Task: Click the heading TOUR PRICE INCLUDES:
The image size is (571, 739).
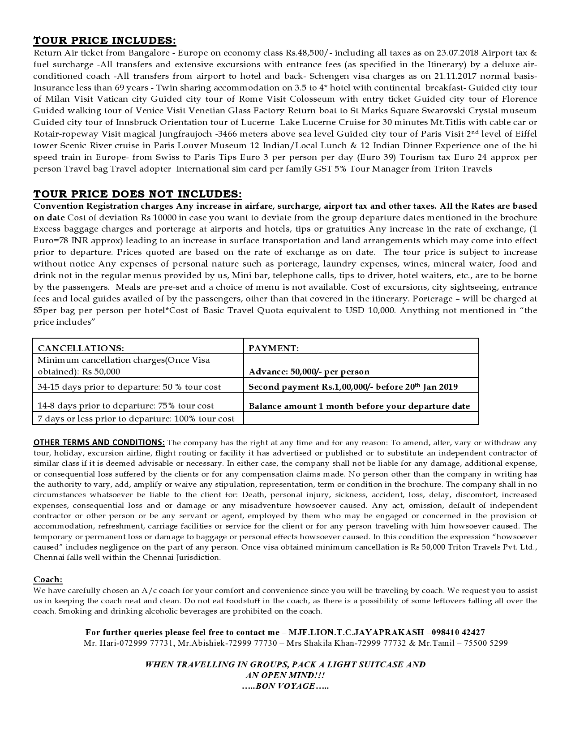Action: pyautogui.click(x=105, y=40)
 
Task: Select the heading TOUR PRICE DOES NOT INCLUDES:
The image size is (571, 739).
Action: pyautogui.click(x=137, y=194)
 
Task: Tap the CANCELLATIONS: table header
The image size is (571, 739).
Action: pyautogui.click(x=81, y=348)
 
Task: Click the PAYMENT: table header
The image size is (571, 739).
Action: pyautogui.click(x=274, y=348)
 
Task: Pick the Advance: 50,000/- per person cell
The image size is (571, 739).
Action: pyautogui.click(x=309, y=371)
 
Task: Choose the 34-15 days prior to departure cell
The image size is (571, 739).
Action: pyautogui.click(x=129, y=387)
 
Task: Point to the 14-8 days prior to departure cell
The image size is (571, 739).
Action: pyautogui.click(x=125, y=405)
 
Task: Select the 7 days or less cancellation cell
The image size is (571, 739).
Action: pyautogui.click(x=136, y=418)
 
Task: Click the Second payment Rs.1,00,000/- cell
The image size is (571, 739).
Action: pyautogui.click(x=353, y=387)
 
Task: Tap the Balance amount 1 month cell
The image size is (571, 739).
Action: pyautogui.click(x=359, y=406)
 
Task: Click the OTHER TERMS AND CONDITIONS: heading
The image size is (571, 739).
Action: pyautogui.click(x=99, y=443)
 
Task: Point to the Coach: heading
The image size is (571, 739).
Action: pyautogui.click(x=48, y=579)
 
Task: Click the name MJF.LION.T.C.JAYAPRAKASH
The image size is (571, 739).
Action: pyautogui.click(x=356, y=632)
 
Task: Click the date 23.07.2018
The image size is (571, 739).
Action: pyautogui.click(x=456, y=53)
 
